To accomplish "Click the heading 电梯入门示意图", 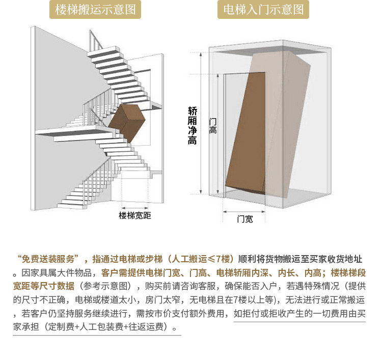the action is [263, 10].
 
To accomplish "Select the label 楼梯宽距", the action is [135, 215].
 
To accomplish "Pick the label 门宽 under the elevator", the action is [244, 219].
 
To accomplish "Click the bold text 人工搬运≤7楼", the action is [201, 258].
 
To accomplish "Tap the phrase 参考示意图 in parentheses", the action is [106, 285].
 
